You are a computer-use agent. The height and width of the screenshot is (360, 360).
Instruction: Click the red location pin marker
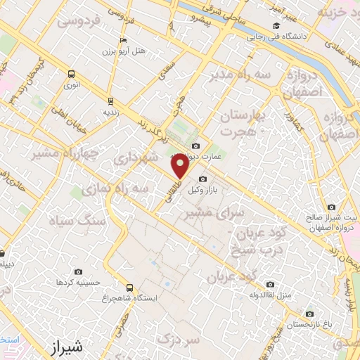[180, 166]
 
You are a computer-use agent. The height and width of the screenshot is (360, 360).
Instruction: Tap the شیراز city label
[67, 347]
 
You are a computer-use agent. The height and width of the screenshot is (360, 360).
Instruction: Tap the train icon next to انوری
[70, 73]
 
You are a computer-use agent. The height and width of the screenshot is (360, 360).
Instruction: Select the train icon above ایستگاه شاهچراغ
[129, 287]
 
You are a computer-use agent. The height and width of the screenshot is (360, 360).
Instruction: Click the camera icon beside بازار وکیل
[203, 179]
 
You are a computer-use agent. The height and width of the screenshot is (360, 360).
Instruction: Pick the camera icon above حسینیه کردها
[78, 271]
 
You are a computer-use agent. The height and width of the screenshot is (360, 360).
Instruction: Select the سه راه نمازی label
[115, 188]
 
